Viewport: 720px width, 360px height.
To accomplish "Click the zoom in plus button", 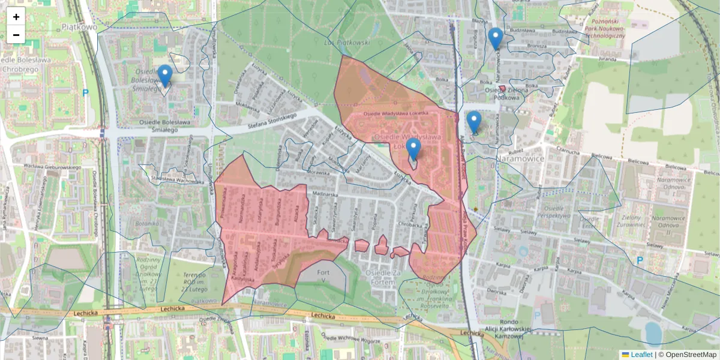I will click(x=16, y=17).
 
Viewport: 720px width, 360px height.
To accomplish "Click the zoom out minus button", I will click(x=16, y=35).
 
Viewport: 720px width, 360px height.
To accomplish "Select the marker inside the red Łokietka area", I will click(x=413, y=149).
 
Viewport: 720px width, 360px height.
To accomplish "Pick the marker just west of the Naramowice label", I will click(x=474, y=122).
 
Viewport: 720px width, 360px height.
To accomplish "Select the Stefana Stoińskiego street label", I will click(x=273, y=121).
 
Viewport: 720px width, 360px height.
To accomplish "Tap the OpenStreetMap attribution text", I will click(x=691, y=355).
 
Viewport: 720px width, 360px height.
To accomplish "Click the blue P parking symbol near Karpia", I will click(x=640, y=260).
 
